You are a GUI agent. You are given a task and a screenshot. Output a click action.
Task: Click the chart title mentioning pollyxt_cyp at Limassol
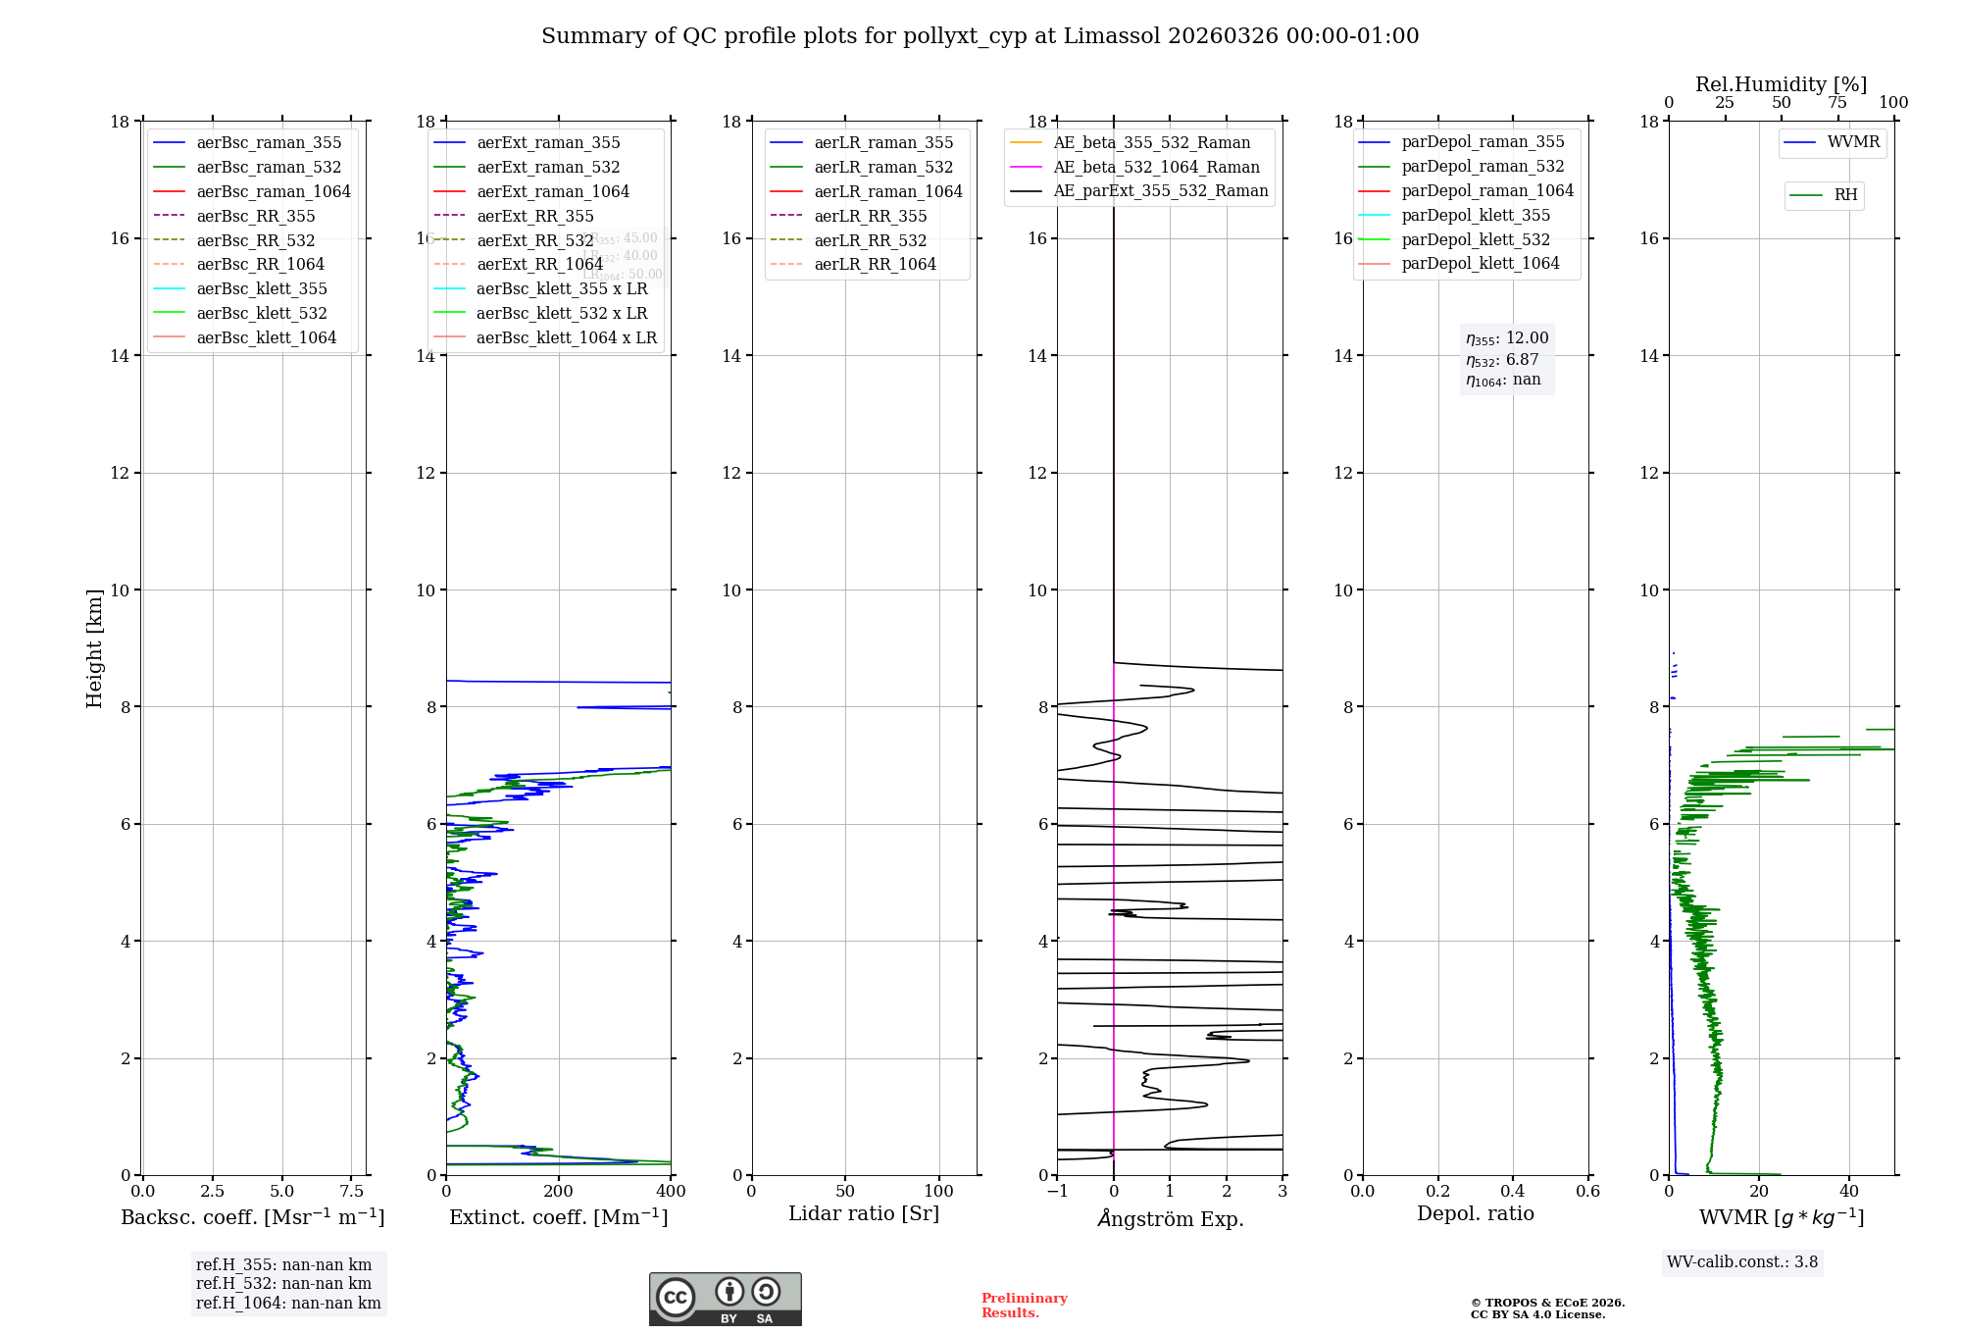point(980,36)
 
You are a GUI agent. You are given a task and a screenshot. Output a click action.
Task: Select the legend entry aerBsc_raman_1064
point(273,191)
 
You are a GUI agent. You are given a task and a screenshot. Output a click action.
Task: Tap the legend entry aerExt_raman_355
point(548,143)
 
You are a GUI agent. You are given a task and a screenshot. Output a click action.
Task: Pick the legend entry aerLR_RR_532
point(870,240)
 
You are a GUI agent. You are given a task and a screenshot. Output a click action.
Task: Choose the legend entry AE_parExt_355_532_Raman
point(1160,191)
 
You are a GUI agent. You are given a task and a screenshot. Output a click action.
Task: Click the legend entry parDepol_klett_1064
point(1480,264)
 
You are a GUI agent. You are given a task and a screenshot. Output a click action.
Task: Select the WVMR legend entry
point(1852,143)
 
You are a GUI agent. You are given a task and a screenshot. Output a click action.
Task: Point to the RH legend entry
point(1844,195)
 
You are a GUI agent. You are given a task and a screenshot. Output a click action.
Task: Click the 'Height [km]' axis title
point(94,647)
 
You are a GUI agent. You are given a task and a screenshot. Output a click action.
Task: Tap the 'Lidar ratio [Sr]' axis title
point(864,1214)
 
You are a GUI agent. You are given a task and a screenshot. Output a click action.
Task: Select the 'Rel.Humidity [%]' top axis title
point(1781,84)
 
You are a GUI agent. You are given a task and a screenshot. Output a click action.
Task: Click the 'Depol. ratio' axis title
point(1475,1214)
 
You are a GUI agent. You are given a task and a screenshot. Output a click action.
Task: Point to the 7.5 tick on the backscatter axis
point(352,1192)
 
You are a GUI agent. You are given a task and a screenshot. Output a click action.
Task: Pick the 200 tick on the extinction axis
point(559,1192)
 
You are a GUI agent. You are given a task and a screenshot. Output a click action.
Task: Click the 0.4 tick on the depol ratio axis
point(1513,1192)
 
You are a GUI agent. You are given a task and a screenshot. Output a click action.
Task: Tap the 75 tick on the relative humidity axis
point(1837,103)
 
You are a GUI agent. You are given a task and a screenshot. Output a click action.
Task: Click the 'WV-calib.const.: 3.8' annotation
point(1742,1262)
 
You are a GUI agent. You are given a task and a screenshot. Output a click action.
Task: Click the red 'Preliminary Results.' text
point(1024,1306)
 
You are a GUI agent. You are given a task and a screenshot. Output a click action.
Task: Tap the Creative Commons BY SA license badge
point(725,1300)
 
